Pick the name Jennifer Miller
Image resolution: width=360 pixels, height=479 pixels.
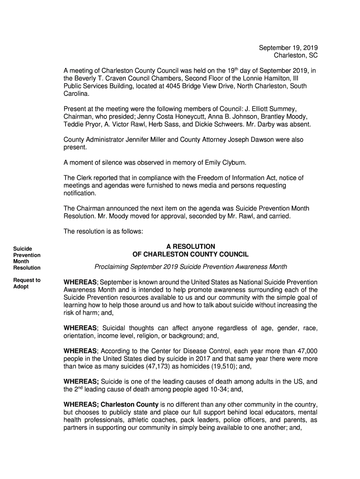tap(153, 140)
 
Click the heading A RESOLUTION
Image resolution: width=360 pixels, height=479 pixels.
tap(191, 247)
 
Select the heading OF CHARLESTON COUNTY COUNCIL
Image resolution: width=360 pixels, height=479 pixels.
tap(191, 254)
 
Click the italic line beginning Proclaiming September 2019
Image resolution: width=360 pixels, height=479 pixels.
tap(191, 267)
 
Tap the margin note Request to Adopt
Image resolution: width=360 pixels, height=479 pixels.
tap(27, 283)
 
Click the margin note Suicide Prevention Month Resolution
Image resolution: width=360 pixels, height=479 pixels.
tap(27, 258)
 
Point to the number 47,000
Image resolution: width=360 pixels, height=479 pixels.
tap(305, 351)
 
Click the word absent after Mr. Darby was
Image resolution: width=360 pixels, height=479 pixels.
tap(300, 125)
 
